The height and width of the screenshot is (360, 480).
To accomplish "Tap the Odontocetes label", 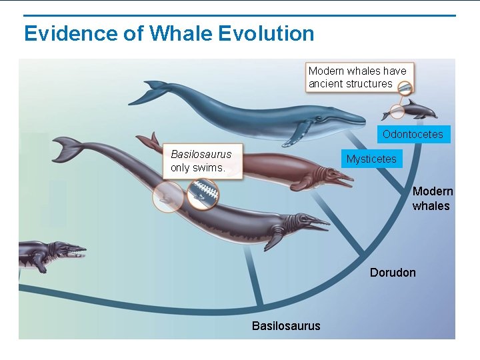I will (413, 134).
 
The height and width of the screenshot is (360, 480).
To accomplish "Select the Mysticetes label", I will (371, 159).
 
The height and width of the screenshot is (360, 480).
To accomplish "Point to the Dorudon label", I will (393, 272).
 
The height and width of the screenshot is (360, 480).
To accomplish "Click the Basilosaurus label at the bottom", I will (285, 325).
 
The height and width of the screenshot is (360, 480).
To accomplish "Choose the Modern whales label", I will (432, 199).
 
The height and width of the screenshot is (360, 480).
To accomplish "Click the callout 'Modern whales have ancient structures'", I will (359, 77).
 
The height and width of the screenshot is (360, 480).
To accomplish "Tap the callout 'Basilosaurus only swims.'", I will (201, 161).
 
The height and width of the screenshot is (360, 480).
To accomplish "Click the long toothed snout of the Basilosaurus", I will (313, 223).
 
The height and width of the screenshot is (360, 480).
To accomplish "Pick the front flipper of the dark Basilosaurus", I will (273, 239).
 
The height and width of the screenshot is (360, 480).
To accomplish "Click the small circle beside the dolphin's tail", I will (397, 111).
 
